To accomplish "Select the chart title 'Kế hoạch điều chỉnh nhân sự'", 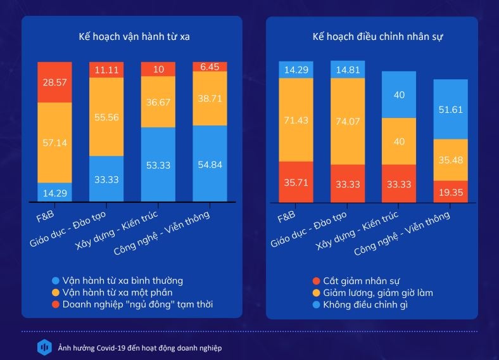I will (x=377, y=37).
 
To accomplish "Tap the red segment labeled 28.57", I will (x=54, y=82).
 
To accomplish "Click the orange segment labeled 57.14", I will (x=54, y=143).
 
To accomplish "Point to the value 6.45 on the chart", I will (x=210, y=67).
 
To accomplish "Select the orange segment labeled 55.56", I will (x=106, y=117).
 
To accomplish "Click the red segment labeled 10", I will (x=158, y=69).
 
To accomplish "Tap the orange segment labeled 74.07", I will (x=348, y=121).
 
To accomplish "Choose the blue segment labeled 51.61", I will (x=450, y=109).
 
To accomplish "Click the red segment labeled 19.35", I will (x=450, y=192).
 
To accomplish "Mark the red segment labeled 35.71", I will (x=296, y=182).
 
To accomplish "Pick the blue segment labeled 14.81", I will (x=348, y=70).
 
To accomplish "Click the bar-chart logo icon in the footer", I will (x=44, y=347).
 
